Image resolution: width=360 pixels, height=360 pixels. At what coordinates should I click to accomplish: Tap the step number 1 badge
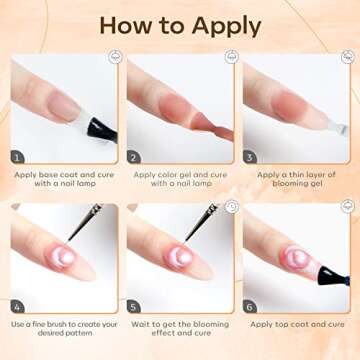[x=18, y=157]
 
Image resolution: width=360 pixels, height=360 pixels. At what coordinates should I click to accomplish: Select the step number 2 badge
[x=134, y=157]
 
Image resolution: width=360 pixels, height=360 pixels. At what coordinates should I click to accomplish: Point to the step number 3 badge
[x=250, y=157]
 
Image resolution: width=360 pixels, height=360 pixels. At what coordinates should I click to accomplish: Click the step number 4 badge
[x=18, y=306]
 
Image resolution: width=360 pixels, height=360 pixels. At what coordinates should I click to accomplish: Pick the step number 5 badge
[x=134, y=306]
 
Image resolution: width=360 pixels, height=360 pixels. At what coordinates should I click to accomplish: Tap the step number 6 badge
[x=250, y=306]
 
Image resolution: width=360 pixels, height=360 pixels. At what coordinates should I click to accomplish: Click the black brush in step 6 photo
[x=333, y=276]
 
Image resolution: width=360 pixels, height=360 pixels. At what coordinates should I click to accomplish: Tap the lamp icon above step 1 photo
[x=115, y=57]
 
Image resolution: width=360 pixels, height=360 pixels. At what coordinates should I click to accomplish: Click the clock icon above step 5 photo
[x=232, y=207]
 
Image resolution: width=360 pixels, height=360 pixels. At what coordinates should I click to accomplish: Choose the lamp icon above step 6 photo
[x=348, y=207]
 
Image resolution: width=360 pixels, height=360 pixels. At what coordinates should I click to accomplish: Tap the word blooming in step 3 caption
[x=288, y=183]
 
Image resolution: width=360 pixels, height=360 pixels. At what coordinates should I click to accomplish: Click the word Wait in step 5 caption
[x=140, y=324]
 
